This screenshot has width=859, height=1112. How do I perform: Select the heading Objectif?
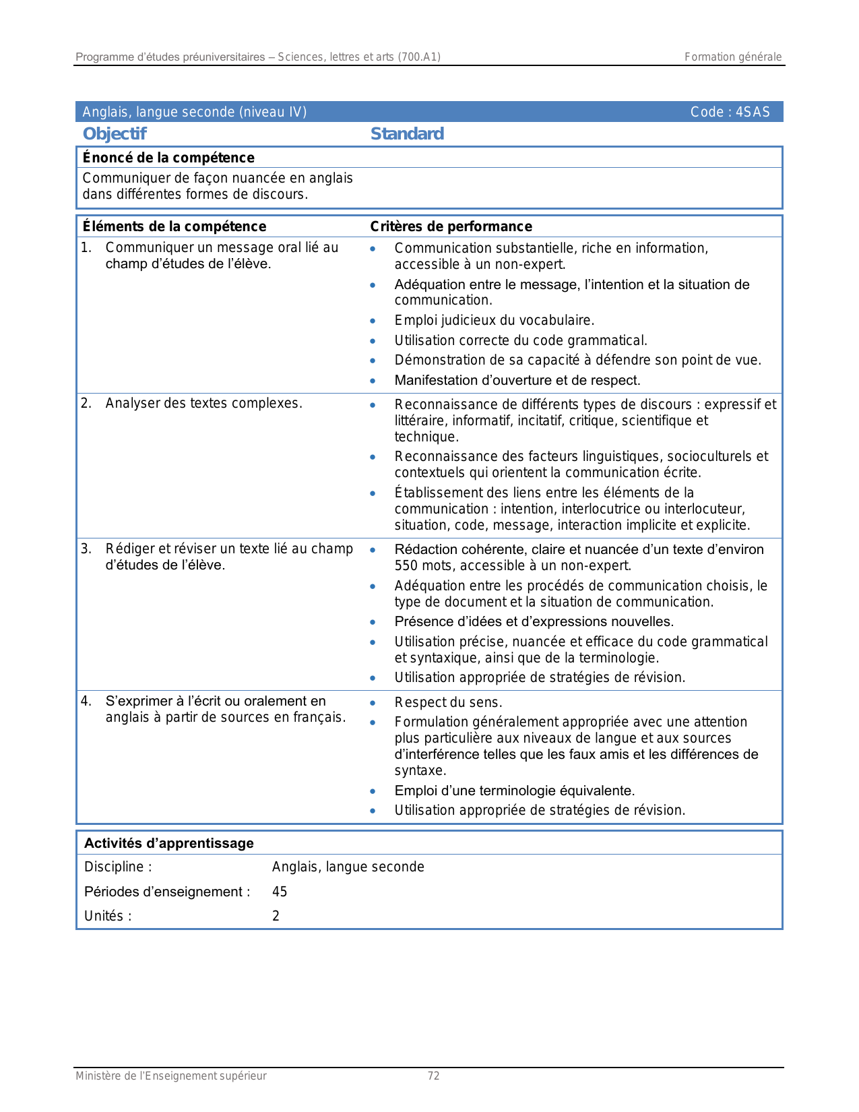(x=114, y=134)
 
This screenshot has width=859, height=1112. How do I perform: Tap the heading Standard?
(x=407, y=134)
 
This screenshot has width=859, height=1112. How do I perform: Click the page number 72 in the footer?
(x=433, y=1076)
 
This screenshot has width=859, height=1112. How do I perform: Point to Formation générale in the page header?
(x=733, y=57)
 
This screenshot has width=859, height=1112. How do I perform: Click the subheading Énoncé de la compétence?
(x=168, y=158)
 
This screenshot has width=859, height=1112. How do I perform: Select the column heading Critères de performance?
(x=451, y=226)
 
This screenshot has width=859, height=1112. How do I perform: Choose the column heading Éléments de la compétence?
(x=174, y=226)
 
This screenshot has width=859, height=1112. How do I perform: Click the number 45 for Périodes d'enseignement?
(x=280, y=892)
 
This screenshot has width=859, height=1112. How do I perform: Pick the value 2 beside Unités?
(x=276, y=916)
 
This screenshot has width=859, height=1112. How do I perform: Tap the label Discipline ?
(x=118, y=867)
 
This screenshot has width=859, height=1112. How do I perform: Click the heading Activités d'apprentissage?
(x=168, y=843)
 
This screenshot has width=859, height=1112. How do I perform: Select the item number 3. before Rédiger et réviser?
(x=86, y=549)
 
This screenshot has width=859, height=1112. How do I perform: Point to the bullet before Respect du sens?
(x=373, y=702)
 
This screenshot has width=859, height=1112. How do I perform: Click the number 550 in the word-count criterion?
(x=406, y=566)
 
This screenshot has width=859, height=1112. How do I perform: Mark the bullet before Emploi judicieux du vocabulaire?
(x=373, y=321)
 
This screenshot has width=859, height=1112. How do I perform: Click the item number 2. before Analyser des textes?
(x=86, y=404)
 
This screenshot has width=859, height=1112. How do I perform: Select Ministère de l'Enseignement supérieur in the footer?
(x=170, y=1076)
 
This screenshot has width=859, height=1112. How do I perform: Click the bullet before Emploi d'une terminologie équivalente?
(x=373, y=791)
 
